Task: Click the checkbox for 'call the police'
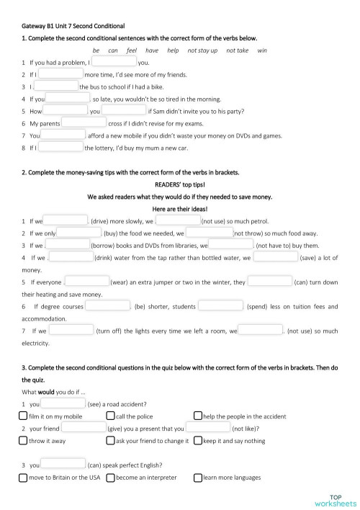(110, 416)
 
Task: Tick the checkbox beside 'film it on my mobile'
(24, 416)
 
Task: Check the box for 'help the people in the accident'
(198, 416)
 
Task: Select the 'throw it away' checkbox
(24, 440)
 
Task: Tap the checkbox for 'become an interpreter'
(110, 477)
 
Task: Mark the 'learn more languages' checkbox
(198, 477)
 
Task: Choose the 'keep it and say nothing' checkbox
(198, 440)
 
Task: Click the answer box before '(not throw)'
(210, 233)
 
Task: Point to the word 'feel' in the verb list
(131, 50)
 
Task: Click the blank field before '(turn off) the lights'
(72, 331)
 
